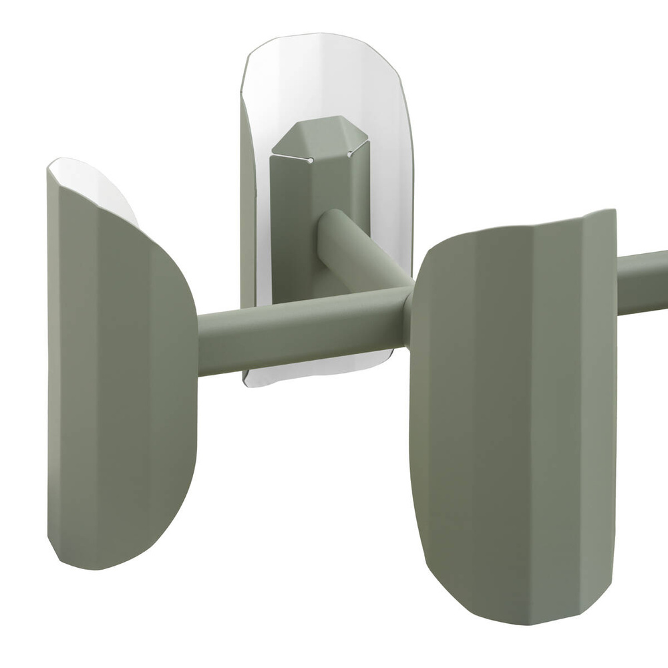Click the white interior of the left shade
(x=94, y=184)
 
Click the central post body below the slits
(x=294, y=220)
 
